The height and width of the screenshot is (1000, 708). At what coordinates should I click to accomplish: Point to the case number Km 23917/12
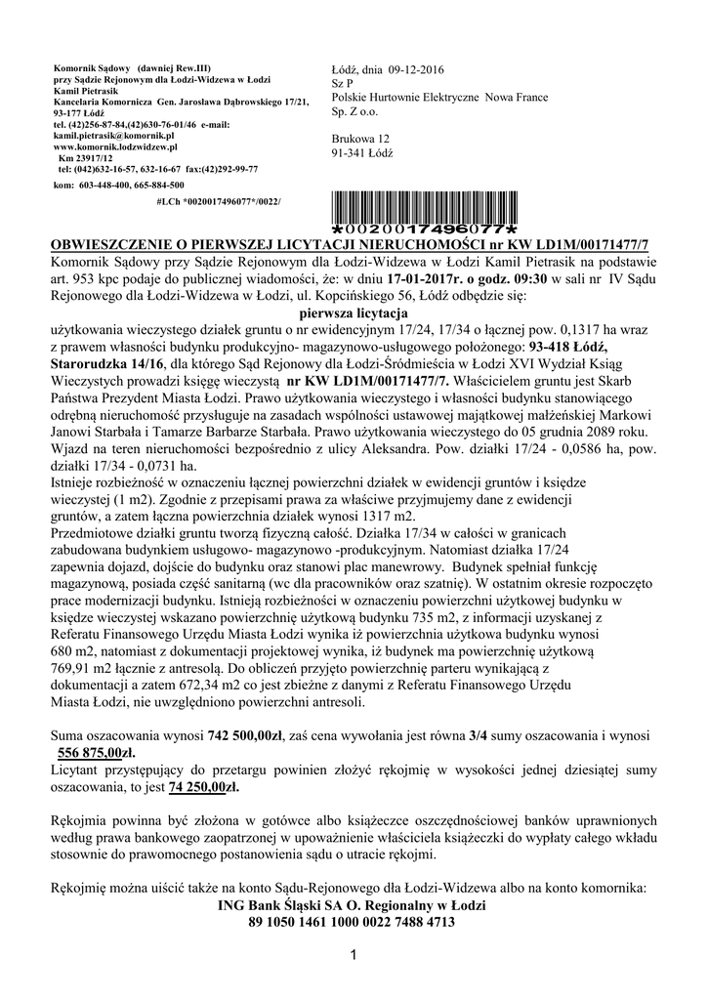pos(86,157)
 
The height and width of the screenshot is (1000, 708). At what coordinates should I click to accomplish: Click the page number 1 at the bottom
pos(354,954)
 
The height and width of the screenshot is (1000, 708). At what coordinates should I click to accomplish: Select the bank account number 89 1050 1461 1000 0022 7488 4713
pos(352,920)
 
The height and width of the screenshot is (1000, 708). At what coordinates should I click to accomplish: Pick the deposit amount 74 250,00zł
pos(204,785)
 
